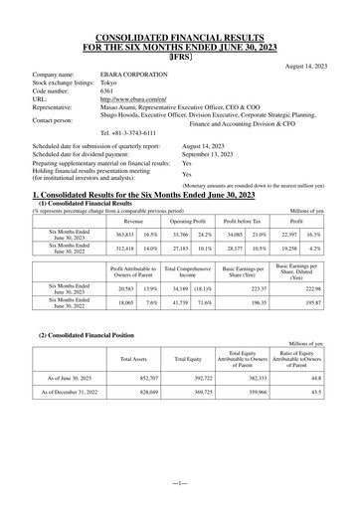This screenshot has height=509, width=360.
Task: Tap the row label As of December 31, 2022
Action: coord(71,422)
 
